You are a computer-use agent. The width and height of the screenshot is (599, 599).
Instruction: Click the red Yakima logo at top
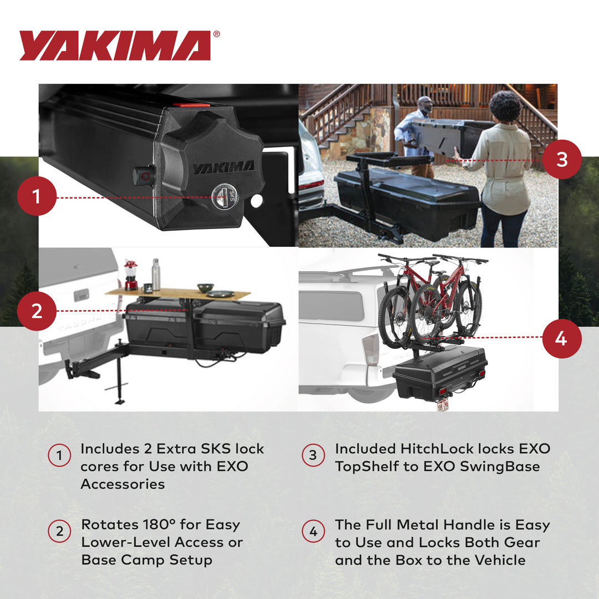coord(115,45)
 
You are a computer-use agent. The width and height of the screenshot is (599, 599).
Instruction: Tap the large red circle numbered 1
coord(37,197)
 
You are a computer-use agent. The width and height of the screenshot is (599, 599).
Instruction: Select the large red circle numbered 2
coord(37,311)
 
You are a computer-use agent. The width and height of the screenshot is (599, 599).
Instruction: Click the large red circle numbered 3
coord(561,159)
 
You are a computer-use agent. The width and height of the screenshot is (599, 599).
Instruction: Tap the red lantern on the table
coord(130,275)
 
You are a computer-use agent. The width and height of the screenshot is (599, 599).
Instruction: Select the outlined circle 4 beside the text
coord(313,532)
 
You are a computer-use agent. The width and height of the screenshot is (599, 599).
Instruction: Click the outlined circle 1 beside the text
coord(59,456)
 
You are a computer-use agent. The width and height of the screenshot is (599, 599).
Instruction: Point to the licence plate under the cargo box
coord(443,404)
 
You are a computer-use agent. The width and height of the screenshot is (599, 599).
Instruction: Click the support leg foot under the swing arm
coord(120,400)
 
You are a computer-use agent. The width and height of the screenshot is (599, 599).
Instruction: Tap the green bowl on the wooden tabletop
coord(205,288)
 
